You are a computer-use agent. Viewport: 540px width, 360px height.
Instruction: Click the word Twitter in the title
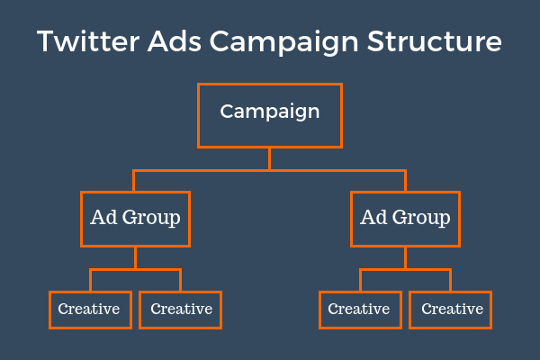[x=88, y=41]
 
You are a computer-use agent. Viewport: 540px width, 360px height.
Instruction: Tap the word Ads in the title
[x=175, y=41]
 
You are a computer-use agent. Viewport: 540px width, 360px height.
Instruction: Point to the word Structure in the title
[x=435, y=41]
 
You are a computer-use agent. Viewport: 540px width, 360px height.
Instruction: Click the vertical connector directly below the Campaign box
[x=270, y=158]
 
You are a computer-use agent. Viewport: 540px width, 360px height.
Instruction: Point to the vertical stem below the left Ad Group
[x=135, y=257]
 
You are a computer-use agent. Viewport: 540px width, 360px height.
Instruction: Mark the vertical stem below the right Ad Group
[x=405, y=257]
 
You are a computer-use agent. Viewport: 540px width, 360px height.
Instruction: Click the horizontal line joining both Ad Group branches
[x=270, y=170]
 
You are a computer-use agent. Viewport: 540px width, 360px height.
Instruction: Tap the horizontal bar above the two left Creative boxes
[x=135, y=270]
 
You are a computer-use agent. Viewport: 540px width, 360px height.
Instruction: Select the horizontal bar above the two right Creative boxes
[x=405, y=270]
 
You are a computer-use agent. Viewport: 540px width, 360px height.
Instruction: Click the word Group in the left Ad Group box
[x=151, y=219]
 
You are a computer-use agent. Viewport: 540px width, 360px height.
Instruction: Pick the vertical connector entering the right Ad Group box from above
[x=405, y=181]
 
